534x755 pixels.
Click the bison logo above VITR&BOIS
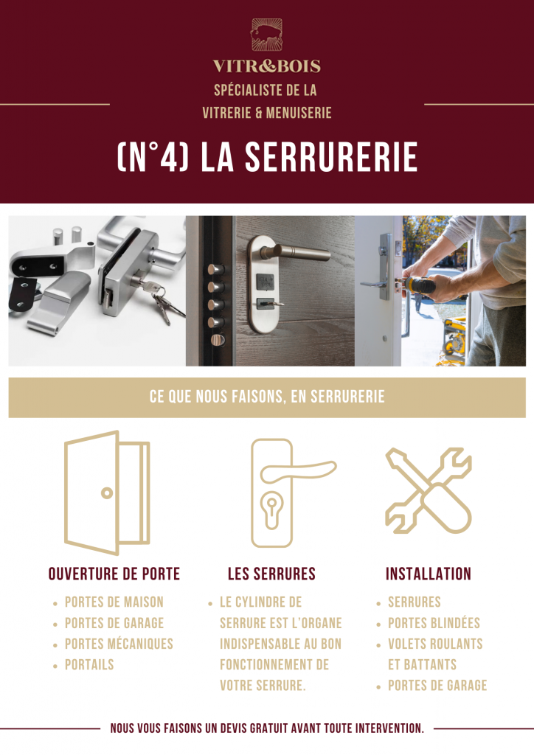coord(267,35)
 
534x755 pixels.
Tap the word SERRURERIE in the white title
coord(331,157)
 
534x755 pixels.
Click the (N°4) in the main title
coord(153,157)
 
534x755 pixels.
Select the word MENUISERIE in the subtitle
coord(299,113)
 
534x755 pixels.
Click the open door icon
coord(107,493)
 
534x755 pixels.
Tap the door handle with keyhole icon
coord(272,493)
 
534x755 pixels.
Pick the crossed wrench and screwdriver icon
coord(429,490)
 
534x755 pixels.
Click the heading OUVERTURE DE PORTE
coord(114,574)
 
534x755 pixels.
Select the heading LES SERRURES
coord(271,574)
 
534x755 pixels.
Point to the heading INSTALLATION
coord(429,574)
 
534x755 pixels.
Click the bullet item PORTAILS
coord(89,665)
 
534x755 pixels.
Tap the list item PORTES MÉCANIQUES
coord(119,644)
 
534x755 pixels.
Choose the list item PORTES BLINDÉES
coord(434,623)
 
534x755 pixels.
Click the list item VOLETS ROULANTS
coord(435,644)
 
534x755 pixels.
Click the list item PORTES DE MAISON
coord(114,602)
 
